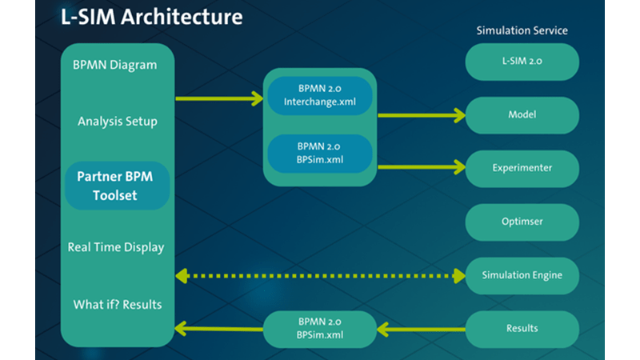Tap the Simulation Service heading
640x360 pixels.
tap(522, 30)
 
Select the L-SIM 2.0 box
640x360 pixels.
tap(522, 62)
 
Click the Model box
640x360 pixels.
tap(522, 115)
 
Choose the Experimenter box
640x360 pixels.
tap(522, 168)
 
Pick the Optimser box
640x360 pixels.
tap(522, 222)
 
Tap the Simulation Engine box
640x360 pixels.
tap(522, 275)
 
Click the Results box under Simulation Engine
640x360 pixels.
tap(522, 328)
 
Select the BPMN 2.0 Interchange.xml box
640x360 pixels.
tap(319, 95)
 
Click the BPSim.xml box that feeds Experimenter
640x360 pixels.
tap(319, 153)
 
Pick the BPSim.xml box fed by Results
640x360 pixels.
tap(319, 328)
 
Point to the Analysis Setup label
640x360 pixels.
tap(117, 122)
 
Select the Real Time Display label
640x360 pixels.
tap(117, 247)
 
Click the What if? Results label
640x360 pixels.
tap(117, 304)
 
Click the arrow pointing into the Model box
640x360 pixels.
tap(421, 115)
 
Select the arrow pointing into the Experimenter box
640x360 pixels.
tap(421, 167)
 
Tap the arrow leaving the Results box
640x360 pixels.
tap(421, 328)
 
